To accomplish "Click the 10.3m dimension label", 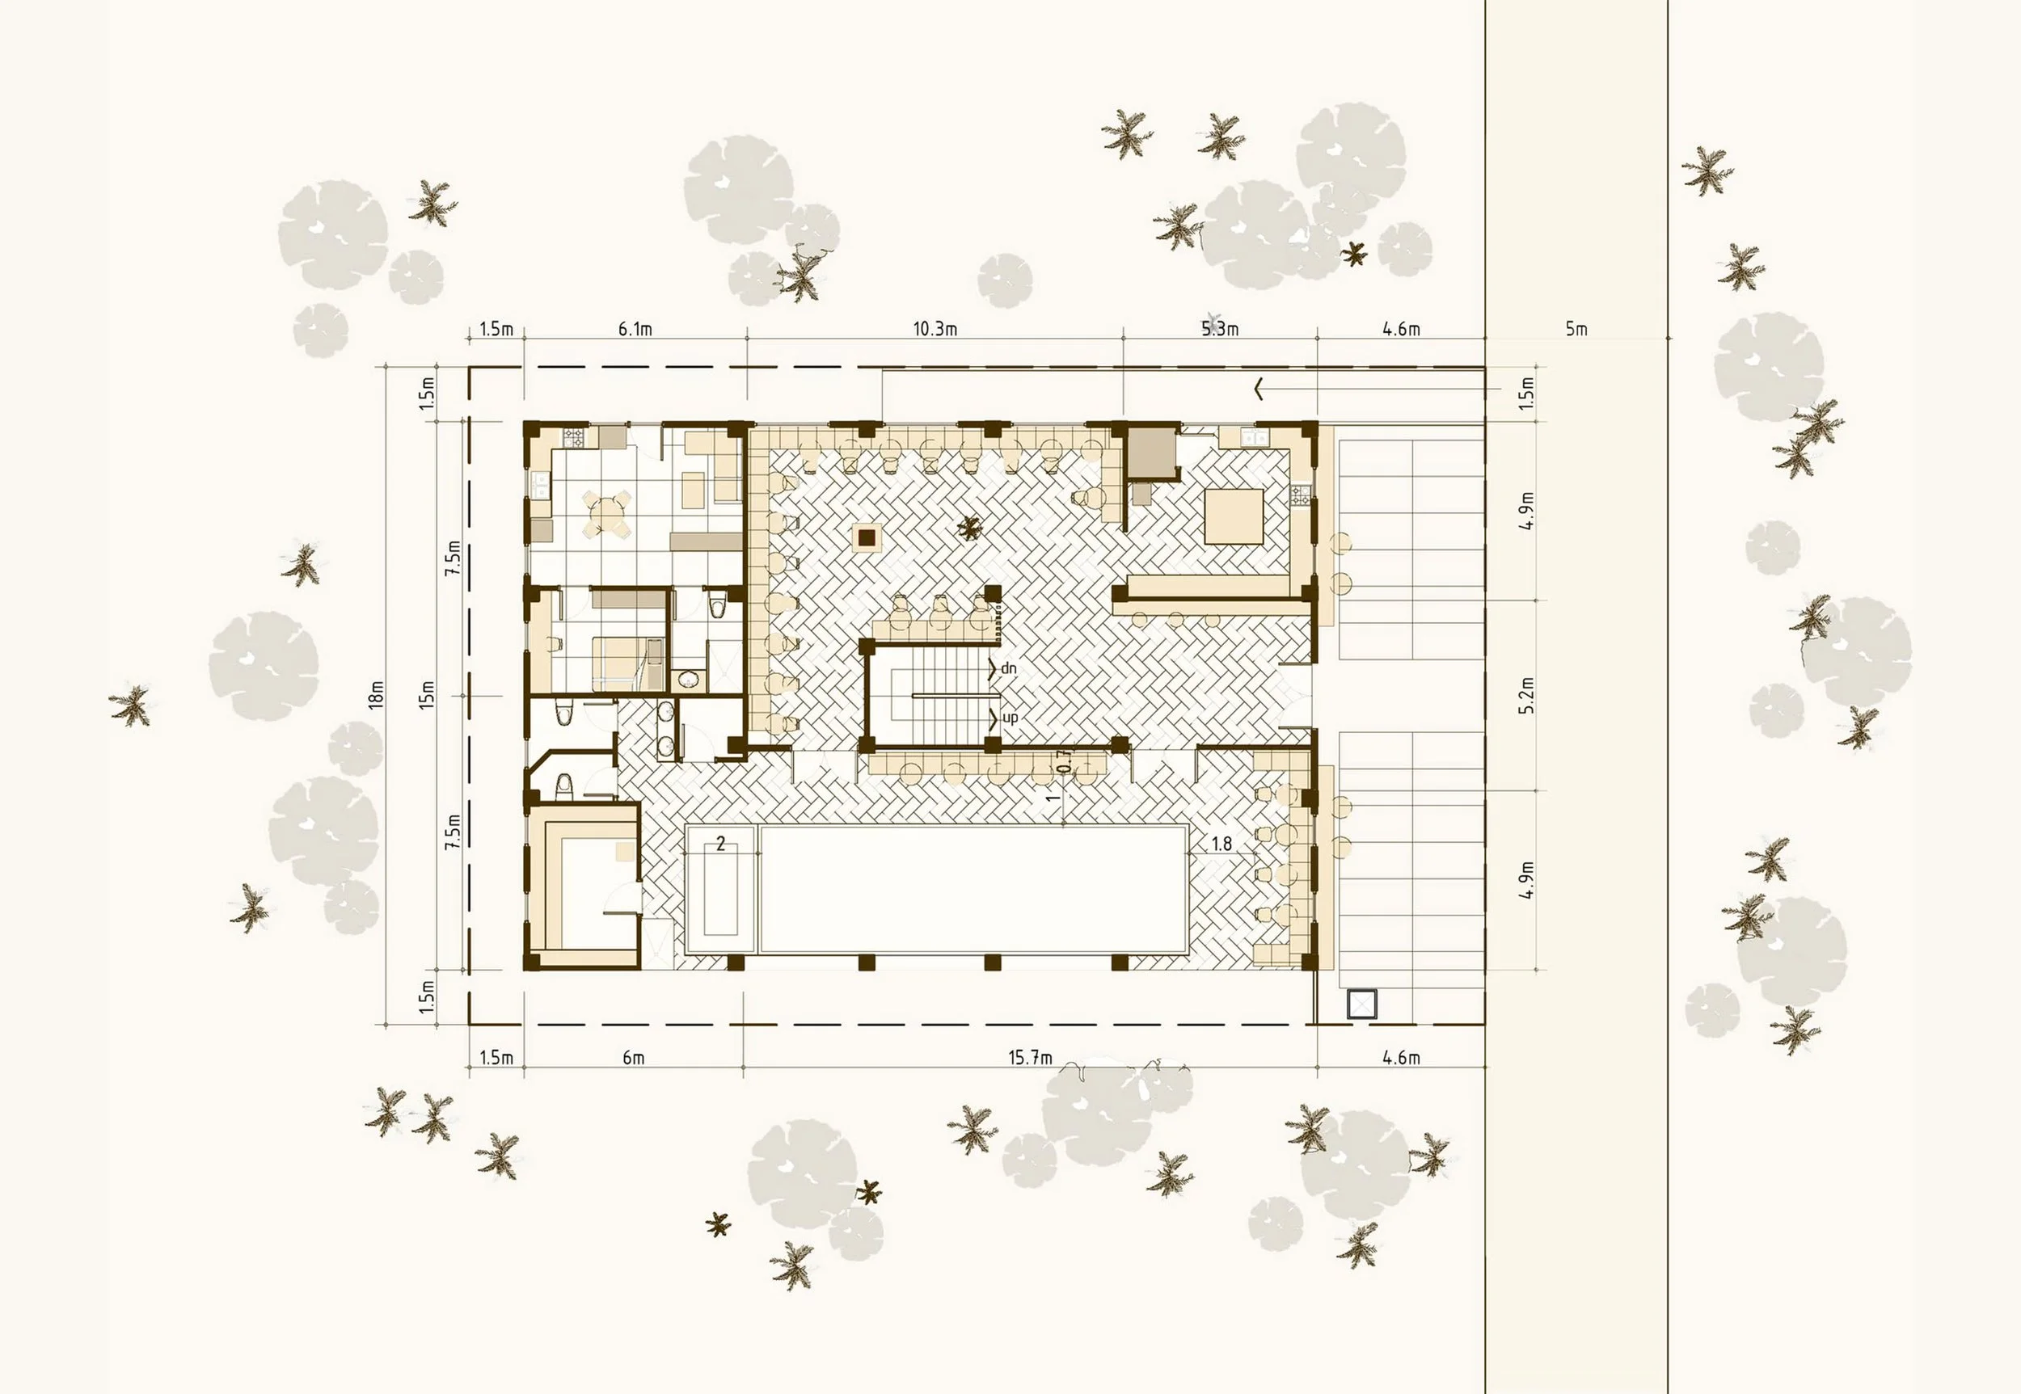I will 935,329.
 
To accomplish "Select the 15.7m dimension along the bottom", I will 1030,1058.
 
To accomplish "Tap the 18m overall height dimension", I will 377,694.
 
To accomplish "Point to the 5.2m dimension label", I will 1526,695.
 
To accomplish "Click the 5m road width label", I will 1576,329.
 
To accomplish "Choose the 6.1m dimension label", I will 635,329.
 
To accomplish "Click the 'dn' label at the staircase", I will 1008,668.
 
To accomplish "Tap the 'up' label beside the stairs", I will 1009,718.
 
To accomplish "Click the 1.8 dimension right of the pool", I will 1221,844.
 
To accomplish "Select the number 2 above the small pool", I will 720,844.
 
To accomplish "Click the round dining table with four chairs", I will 607,515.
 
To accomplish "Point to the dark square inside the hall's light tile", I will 866,538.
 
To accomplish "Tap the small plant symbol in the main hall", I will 968,527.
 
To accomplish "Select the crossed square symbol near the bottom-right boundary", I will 1361,1004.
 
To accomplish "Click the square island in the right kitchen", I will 1233,516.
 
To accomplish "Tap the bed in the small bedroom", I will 622,661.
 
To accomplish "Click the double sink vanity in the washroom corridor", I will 666,729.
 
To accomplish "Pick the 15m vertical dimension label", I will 426,694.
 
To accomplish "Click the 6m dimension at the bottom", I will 634,1058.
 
